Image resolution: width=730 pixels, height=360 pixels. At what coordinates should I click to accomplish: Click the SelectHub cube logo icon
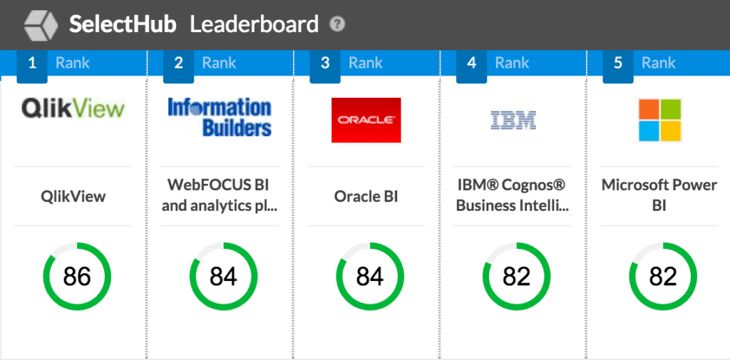41,25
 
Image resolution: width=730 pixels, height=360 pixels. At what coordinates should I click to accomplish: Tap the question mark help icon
337,24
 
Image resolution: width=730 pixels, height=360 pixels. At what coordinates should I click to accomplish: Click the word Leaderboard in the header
254,24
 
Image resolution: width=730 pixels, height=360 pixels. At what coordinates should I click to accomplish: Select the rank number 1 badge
32,63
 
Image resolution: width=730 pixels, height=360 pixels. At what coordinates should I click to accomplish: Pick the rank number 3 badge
325,63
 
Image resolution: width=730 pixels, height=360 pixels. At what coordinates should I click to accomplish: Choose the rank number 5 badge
618,63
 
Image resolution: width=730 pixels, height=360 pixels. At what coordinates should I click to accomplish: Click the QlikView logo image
73,108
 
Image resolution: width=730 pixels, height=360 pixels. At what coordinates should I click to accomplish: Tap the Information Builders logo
220,118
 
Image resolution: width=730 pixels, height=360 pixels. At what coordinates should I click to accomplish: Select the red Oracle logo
366,120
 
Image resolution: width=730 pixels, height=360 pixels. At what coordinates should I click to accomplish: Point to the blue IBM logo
513,120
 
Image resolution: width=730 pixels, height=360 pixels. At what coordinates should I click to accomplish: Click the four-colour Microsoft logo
659,120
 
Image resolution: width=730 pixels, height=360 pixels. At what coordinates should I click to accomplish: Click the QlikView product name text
73,196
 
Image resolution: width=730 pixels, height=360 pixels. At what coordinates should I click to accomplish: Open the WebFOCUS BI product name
219,195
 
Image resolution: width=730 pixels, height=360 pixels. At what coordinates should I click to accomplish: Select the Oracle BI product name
366,196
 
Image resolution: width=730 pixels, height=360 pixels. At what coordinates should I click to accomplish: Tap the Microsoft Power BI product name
659,195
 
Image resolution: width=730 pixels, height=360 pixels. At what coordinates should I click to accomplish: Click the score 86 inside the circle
77,276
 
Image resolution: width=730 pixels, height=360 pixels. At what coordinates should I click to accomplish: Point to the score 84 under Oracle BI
370,276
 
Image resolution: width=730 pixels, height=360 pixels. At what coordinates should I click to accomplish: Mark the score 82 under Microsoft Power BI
663,276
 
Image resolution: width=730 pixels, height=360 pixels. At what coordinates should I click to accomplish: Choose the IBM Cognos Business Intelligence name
513,195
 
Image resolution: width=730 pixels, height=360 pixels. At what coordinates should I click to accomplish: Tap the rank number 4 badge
471,63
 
